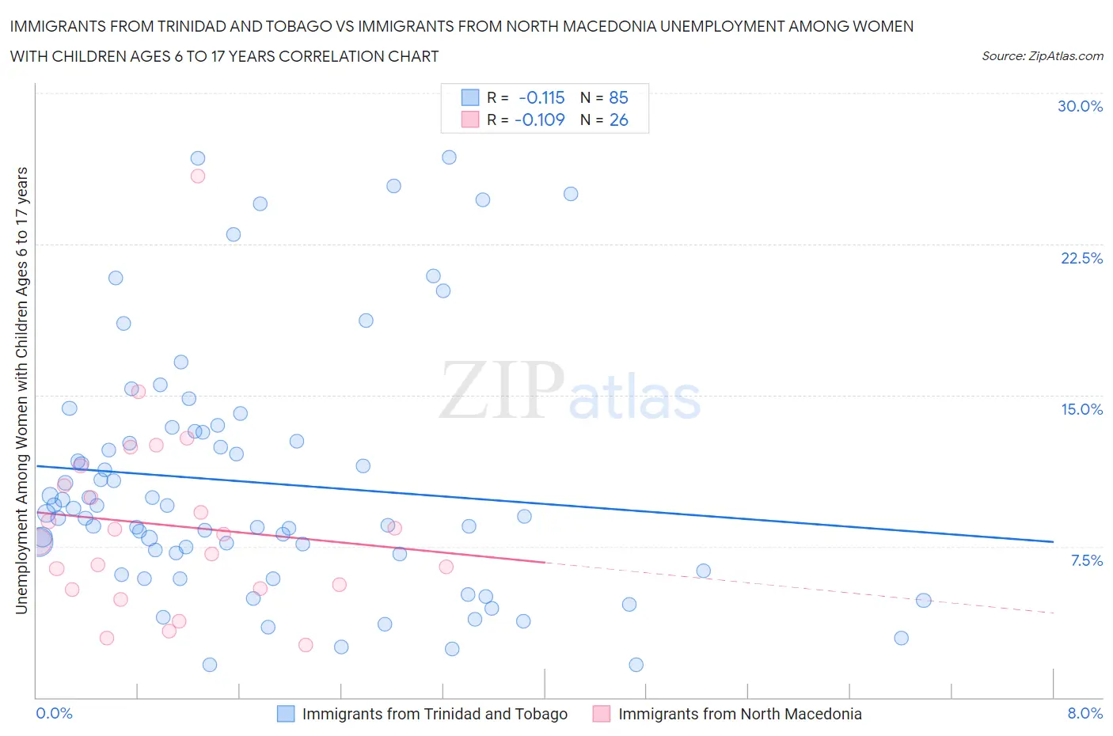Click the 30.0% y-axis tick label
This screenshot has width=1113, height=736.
(1080, 106)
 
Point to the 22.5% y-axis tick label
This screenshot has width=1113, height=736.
(1081, 258)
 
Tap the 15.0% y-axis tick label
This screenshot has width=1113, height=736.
(1081, 409)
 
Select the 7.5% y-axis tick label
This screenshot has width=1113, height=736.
(1086, 560)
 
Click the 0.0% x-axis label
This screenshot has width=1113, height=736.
(55, 713)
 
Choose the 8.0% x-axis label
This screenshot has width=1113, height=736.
(1085, 713)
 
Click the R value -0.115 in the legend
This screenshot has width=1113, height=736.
(541, 97)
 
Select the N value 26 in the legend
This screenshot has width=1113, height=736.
(618, 120)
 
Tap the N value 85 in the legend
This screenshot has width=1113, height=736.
(618, 97)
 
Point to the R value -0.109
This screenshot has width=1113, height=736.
(539, 120)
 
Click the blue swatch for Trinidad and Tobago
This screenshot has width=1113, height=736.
(286, 714)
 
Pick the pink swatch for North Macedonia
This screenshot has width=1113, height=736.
(602, 714)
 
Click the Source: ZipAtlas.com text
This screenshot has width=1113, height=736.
(1042, 55)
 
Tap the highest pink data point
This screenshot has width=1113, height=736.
(198, 176)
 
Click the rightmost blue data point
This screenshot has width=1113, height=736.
(923, 600)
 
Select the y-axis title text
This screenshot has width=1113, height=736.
(21, 390)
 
